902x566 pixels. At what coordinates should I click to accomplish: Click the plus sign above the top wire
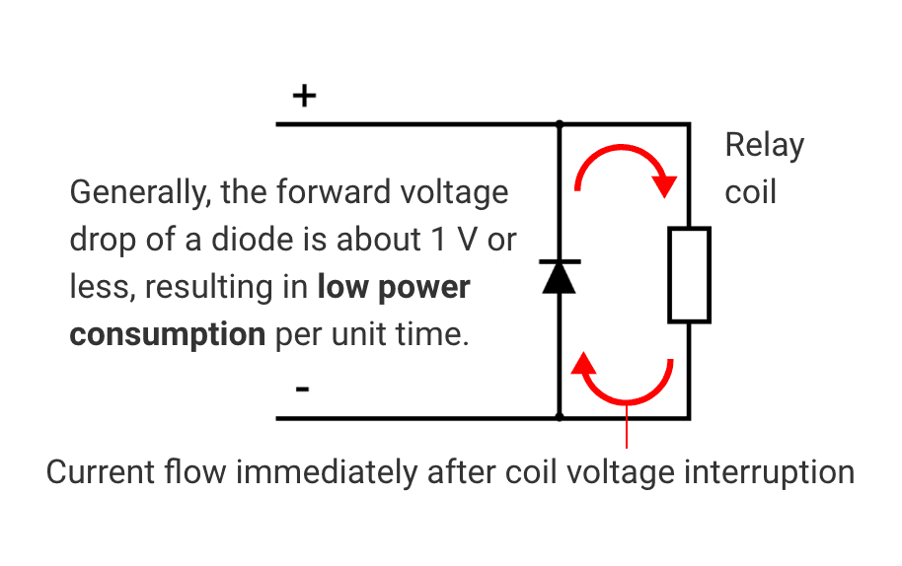[305, 96]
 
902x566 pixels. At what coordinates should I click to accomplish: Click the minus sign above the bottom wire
[302, 389]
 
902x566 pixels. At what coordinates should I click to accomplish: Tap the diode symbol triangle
[560, 278]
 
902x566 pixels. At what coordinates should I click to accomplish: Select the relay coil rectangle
[689, 275]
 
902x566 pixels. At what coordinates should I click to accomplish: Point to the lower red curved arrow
[625, 380]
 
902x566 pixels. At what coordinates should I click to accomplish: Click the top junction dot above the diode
[560, 124]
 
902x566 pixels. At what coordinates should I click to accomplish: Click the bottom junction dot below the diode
[560, 417]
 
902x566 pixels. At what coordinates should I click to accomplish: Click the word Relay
[764, 145]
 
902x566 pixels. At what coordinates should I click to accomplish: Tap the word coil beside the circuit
[750, 191]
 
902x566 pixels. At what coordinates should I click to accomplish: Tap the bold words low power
[393, 287]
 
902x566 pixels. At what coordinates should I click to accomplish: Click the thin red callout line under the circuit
[627, 429]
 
